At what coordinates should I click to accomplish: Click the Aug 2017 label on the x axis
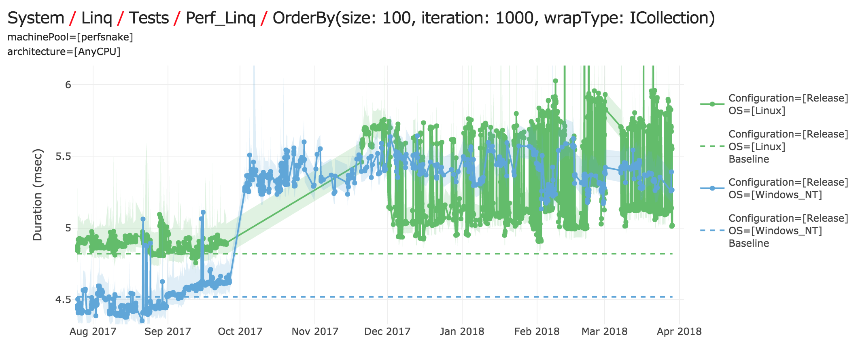pos(93,332)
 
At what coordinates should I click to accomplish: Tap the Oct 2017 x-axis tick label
pos(240,332)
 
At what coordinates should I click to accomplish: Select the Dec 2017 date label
pos(387,332)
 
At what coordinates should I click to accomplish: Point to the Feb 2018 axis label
pos(537,332)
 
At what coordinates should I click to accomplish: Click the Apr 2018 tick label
pos(679,332)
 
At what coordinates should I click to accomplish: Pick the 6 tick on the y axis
pos(68,85)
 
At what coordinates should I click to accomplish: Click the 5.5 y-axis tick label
pos(63,156)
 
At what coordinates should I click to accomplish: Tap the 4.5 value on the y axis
pos(63,300)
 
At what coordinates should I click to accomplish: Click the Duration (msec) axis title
pos(38,195)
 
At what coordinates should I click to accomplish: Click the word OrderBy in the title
pos(304,18)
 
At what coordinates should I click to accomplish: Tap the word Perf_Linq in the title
pos(221,18)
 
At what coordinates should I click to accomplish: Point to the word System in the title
pos(36,18)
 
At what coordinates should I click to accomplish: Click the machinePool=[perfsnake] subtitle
pos(70,37)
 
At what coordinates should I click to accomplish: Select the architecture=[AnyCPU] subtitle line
pos(64,52)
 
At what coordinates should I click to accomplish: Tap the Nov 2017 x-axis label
pos(315,332)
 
